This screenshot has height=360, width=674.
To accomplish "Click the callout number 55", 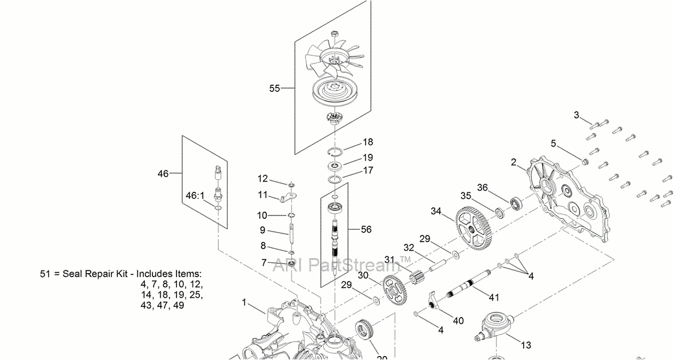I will pos(275,88).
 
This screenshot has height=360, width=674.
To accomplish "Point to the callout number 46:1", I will pos(195,195).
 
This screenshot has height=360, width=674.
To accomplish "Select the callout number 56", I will pos(366,229).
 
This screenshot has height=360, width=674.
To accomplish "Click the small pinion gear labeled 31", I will pos(415,277).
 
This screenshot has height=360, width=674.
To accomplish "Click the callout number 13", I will pos(525,345).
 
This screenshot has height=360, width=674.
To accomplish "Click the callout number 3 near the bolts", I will pos(577,115).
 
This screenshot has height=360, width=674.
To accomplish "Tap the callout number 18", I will pos(367,142).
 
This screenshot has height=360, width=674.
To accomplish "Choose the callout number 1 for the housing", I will pos(245,302).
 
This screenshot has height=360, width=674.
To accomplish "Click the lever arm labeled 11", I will pos(291,198).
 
